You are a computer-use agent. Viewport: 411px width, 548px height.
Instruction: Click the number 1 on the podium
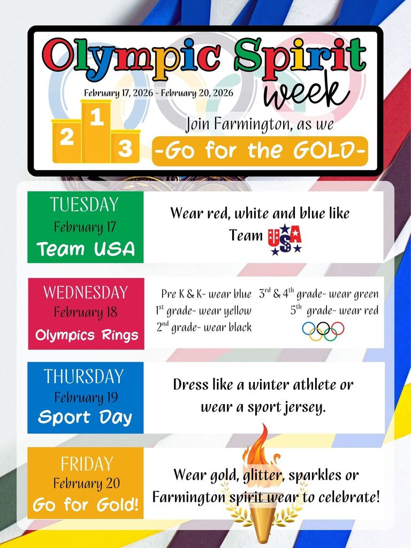(97, 118)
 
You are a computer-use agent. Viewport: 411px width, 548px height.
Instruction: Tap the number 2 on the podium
(67, 138)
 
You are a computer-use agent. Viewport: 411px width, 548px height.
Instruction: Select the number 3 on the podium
(125, 149)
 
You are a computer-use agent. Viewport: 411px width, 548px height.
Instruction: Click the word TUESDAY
(84, 204)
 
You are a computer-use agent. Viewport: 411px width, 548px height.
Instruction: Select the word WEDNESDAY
(86, 292)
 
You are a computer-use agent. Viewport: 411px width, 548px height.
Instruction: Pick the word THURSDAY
(84, 376)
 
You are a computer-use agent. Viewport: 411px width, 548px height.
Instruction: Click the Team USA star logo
(285, 239)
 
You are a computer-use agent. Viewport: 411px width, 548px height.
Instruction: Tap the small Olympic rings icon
(323, 331)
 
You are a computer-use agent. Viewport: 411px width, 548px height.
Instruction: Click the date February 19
(86, 397)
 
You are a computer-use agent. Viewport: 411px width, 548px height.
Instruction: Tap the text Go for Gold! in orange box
(86, 505)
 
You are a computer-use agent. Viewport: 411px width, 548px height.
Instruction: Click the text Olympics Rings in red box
(86, 336)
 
